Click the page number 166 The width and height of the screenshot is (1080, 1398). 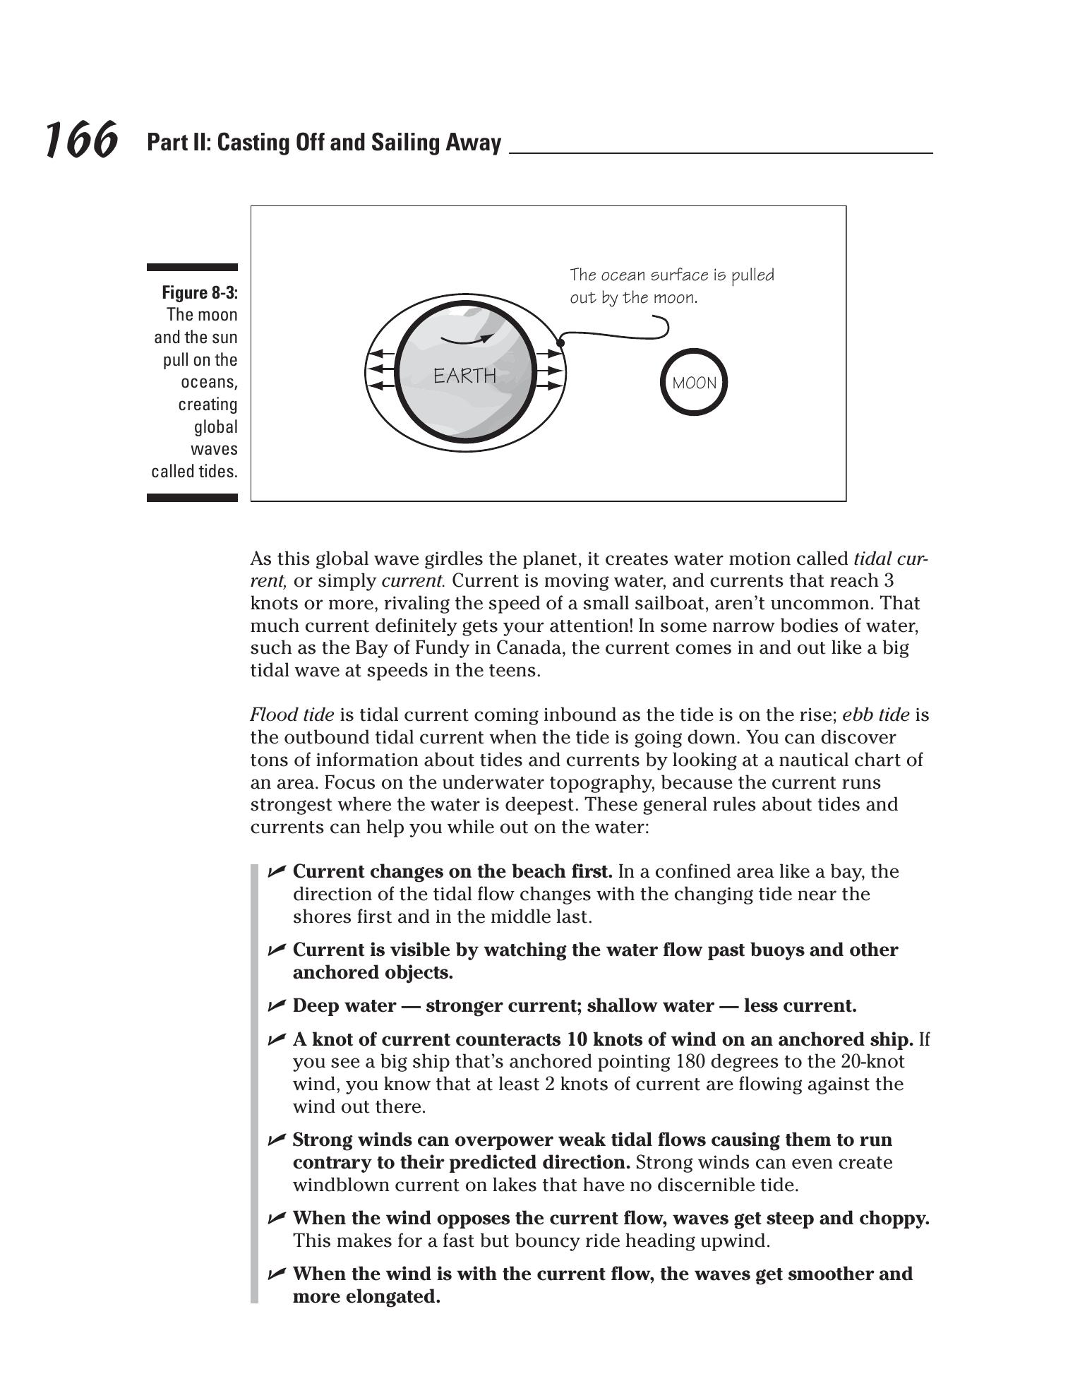(x=80, y=140)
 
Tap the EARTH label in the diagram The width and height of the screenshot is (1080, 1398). (x=464, y=376)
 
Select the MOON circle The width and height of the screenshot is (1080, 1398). (x=694, y=383)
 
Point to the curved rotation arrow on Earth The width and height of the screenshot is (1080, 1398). (x=466, y=340)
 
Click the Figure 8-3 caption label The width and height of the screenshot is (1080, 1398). (x=200, y=292)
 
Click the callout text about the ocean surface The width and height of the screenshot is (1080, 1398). (x=671, y=286)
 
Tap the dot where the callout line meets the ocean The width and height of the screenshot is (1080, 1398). (x=560, y=343)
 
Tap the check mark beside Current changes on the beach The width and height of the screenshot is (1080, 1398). (x=277, y=871)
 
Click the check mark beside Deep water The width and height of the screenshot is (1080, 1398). (x=277, y=1005)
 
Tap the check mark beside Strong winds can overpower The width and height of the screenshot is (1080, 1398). (x=277, y=1139)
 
